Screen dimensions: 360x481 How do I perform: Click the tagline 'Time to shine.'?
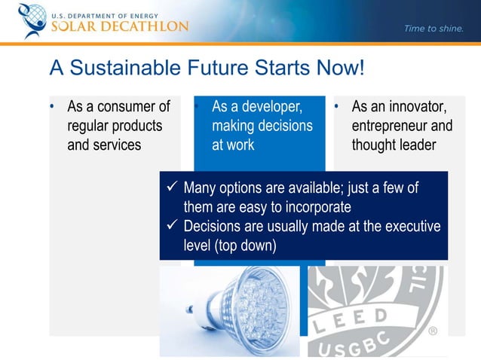coord(434,29)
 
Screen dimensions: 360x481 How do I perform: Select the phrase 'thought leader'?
coord(394,145)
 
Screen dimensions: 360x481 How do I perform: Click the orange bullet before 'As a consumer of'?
coord(53,107)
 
